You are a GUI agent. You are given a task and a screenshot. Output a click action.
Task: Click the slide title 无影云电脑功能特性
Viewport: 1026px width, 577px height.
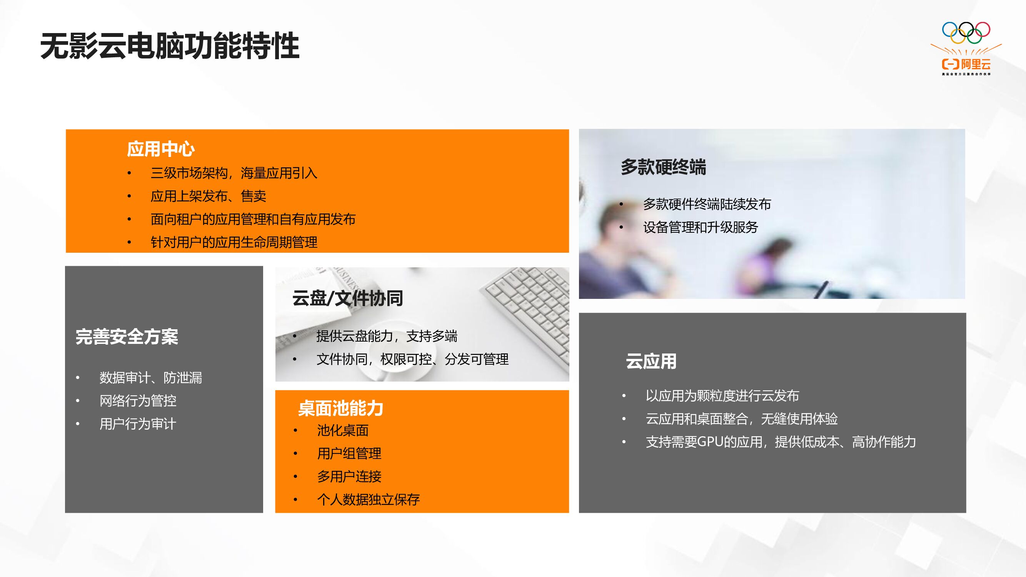coord(170,46)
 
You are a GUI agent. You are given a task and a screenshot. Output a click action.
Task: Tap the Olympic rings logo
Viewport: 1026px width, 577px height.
coord(966,33)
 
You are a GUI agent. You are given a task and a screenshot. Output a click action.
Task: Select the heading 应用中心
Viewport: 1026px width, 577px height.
coord(160,149)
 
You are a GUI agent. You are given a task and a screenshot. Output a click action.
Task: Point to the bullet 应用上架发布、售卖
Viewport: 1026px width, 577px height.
coord(208,196)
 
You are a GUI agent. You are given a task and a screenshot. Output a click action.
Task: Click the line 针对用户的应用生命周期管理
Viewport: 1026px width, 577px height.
coord(234,242)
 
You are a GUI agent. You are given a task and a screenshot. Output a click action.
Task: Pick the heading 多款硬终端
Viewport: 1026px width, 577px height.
coord(663,167)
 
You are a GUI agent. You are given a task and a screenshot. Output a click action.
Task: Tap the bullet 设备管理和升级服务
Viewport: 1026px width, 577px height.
coord(701,227)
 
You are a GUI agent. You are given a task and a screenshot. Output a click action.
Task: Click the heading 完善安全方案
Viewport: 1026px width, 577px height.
coord(127,337)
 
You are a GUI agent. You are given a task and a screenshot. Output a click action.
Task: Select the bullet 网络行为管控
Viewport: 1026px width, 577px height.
coord(138,400)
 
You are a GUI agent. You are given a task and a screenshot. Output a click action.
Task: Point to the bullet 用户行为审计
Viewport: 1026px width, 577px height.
coord(138,424)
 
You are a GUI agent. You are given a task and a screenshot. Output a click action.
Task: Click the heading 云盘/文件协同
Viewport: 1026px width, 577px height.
coord(348,298)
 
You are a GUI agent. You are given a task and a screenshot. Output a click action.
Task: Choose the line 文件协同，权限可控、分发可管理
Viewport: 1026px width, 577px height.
coord(412,359)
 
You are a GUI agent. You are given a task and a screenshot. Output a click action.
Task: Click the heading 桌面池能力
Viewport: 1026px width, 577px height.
coord(341,408)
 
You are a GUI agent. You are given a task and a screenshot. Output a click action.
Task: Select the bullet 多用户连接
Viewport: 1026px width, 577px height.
coord(349,476)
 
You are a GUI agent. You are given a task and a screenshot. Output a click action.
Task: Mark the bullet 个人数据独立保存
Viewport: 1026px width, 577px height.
coord(369,499)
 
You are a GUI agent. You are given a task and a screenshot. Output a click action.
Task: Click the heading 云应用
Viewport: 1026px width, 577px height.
coord(651,361)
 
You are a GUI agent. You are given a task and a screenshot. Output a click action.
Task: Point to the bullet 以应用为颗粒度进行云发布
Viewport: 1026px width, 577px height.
coord(722,395)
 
